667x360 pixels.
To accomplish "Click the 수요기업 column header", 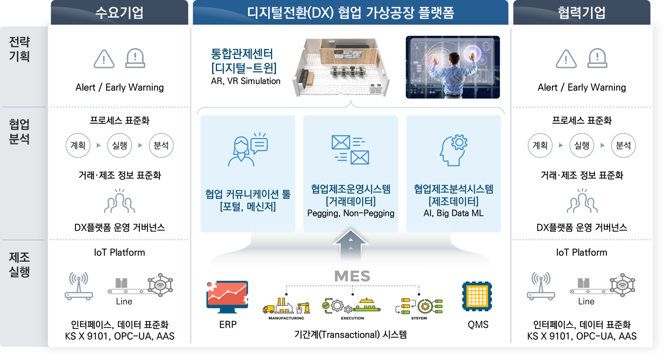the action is tap(119, 13).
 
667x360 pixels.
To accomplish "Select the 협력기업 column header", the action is tap(582, 13).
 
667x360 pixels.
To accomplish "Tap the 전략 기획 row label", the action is tap(19, 49).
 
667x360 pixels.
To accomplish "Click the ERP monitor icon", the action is tap(227, 297).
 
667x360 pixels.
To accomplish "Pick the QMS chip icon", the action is tap(477, 296).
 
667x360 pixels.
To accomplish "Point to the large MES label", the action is tap(352, 276).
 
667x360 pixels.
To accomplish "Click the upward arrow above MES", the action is tap(351, 245).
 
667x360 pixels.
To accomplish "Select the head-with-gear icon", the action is tap(454, 150).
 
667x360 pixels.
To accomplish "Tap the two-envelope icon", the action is tap(350, 150).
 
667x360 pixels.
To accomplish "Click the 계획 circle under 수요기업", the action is tap(78, 145).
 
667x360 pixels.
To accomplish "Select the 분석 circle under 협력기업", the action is tap(623, 145).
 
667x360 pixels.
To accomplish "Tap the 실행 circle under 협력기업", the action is tap(582, 145).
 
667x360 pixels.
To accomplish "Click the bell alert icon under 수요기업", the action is tap(135, 58).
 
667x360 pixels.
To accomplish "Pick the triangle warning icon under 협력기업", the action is tap(566, 59).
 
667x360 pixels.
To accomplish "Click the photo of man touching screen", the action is tap(453, 67).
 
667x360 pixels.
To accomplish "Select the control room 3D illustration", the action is tap(341, 67).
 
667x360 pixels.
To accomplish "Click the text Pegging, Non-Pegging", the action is tap(351, 213).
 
